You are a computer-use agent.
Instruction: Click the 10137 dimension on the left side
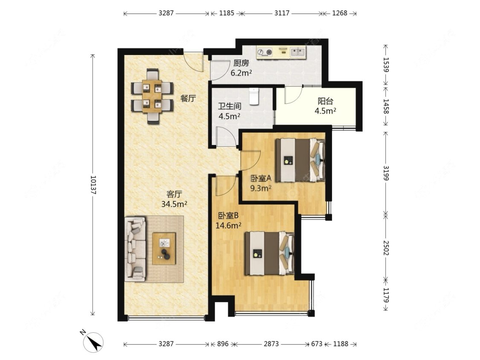[93, 185]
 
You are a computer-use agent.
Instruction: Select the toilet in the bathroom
[254, 96]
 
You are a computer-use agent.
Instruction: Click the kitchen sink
[297, 52]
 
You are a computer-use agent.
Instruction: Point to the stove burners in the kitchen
[265, 52]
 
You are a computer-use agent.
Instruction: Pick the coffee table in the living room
[164, 249]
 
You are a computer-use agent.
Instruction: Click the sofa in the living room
[135, 249]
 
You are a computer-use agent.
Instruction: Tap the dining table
[152, 96]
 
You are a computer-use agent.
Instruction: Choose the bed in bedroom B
[270, 253]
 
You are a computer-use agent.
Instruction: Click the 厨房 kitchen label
[241, 64]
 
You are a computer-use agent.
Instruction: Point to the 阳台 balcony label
[325, 101]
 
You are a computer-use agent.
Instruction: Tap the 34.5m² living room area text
[174, 204]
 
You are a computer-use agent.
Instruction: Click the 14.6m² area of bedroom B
[229, 226]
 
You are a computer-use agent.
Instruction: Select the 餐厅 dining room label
[188, 99]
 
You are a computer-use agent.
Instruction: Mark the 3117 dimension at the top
[282, 13]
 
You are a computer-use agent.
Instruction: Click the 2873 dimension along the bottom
[271, 344]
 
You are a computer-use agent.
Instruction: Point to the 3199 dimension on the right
[386, 173]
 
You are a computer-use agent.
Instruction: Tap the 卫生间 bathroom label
[230, 107]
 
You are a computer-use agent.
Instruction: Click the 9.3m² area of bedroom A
[261, 188]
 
